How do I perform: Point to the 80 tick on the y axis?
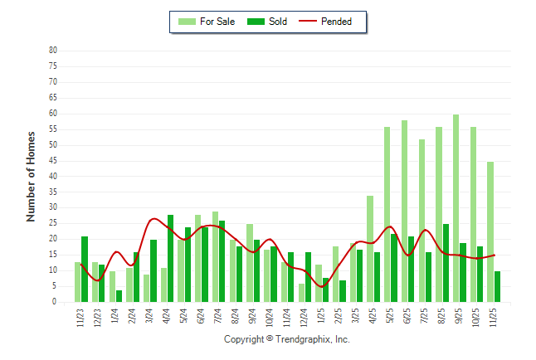tap(52, 51)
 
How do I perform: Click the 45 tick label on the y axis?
tap(52, 161)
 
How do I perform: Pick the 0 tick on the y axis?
tap(55, 303)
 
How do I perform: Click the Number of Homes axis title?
tap(32, 176)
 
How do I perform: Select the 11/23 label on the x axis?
tap(80, 317)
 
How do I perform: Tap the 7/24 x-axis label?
tap(218, 317)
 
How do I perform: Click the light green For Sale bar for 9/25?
tap(456, 208)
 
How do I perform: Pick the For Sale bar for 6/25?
tap(404, 212)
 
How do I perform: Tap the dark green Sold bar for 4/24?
tap(170, 259)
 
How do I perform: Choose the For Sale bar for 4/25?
tap(370, 249)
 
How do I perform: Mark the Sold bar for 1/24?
tap(119, 296)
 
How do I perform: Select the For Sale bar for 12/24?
tap(301, 293)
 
